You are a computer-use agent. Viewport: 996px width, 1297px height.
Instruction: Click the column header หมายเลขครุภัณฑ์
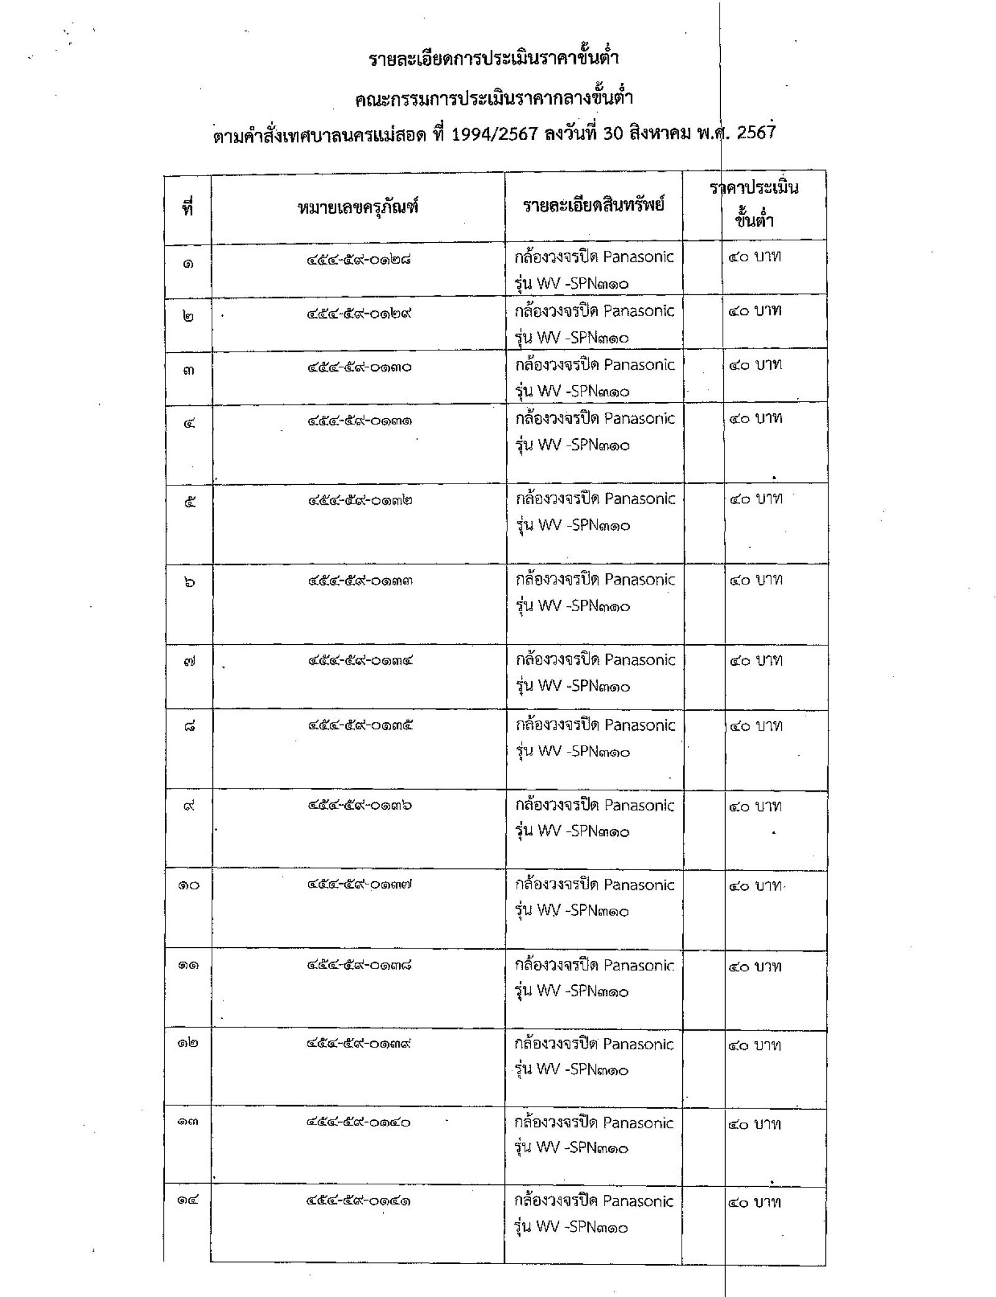(x=357, y=207)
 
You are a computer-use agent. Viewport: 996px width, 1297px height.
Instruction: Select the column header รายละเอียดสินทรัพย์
(x=593, y=205)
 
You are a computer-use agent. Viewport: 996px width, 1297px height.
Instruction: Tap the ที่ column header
(x=187, y=208)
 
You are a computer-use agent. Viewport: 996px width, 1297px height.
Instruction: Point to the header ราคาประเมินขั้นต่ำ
(x=754, y=204)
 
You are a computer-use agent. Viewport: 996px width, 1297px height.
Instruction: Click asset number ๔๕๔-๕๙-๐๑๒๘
(x=358, y=260)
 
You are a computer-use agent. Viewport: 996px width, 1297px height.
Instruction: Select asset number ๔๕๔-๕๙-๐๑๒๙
(x=358, y=314)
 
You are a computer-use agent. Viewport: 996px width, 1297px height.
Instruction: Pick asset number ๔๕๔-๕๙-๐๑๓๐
(x=359, y=367)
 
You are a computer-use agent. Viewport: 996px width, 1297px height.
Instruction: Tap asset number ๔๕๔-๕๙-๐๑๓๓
(x=360, y=581)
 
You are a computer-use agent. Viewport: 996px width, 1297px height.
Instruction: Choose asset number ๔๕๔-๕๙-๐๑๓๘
(x=359, y=965)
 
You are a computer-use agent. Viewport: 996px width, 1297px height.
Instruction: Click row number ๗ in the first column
(x=189, y=662)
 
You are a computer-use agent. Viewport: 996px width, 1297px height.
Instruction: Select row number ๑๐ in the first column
(x=189, y=884)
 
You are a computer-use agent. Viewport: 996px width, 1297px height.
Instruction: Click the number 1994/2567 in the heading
(x=494, y=134)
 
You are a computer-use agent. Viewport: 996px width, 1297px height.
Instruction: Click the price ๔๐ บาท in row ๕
(x=756, y=499)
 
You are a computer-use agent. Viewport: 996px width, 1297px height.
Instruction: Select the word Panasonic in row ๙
(x=639, y=805)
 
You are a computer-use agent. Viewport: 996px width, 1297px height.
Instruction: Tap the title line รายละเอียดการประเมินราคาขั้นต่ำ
(x=494, y=59)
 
